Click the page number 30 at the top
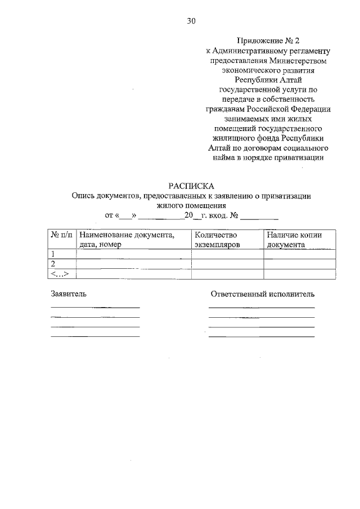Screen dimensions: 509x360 (x=191, y=21)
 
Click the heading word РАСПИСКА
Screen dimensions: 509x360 (x=191, y=186)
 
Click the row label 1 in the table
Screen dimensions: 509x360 (x=53, y=254)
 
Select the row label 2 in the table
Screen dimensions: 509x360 (x=53, y=264)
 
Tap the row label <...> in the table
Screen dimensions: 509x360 (x=60, y=274)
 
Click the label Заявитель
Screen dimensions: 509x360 (x=69, y=294)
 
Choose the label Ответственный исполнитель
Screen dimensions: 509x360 (x=263, y=294)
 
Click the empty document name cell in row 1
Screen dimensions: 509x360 (x=133, y=254)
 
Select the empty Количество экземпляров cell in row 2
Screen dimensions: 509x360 (x=227, y=264)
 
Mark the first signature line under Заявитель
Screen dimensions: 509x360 (x=95, y=308)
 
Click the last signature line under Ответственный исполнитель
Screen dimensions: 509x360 (x=262, y=336)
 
